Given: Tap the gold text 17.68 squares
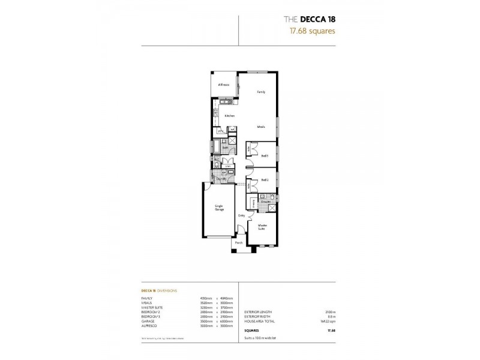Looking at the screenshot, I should click(x=309, y=31).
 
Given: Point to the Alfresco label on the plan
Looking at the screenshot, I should click(x=223, y=85).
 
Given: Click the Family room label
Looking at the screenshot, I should click(x=261, y=92).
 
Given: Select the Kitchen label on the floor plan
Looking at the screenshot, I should click(x=229, y=115).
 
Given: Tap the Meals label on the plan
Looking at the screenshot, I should click(x=261, y=127).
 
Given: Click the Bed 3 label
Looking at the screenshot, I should click(x=265, y=155).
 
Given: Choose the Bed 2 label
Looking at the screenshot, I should click(x=265, y=180).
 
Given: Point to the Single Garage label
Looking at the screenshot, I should click(x=220, y=208).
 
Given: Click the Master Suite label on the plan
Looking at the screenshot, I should click(x=262, y=226).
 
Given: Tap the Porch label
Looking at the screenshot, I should click(x=239, y=242).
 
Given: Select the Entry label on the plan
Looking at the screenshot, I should click(x=241, y=215).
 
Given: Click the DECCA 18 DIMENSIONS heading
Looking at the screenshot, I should click(x=159, y=290).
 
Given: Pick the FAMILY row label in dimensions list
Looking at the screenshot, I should click(x=147, y=298).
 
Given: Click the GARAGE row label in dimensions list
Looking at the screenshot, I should click(x=148, y=321).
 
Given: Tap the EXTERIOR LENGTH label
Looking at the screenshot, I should click(x=258, y=312).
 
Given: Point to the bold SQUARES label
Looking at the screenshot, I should click(x=252, y=330).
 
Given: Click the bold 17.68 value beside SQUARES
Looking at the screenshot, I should click(x=331, y=330).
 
